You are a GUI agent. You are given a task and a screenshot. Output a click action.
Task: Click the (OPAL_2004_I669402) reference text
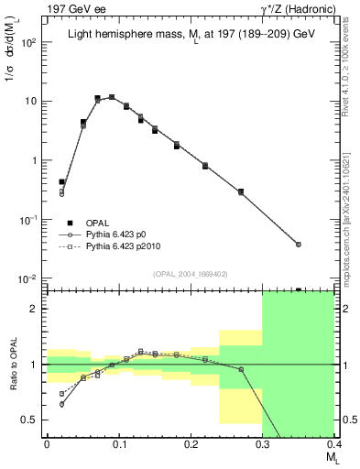(191, 272)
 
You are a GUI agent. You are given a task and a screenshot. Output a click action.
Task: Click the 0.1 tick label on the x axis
(118, 444)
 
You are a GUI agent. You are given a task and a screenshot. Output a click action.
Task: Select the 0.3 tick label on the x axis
(262, 444)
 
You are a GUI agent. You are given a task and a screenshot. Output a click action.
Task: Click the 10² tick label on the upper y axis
(30, 42)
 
